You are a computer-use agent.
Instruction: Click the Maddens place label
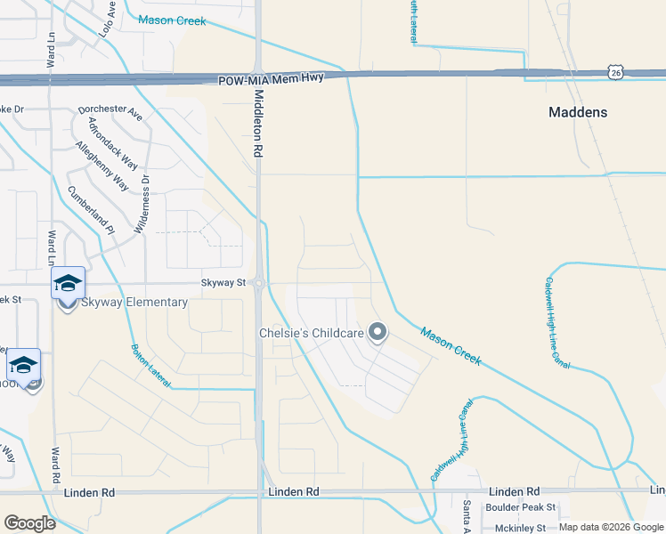coord(578,112)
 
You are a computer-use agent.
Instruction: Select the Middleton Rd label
coord(259,124)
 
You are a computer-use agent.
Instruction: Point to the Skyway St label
coord(222,282)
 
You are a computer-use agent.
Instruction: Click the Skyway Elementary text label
coord(134,302)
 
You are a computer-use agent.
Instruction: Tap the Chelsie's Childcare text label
coord(311,333)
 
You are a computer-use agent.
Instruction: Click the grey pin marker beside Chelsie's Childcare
coord(378,333)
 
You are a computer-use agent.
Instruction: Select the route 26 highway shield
coord(615,70)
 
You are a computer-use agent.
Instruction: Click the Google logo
coord(29,522)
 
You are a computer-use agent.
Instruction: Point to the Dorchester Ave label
coord(110,113)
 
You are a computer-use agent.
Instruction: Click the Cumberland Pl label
coord(91,209)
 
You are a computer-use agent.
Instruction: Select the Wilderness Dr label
coord(142,202)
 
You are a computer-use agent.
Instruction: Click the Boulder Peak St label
coord(520,507)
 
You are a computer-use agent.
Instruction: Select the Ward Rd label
coord(55,467)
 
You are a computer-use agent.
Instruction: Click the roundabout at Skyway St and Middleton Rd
coord(258,283)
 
